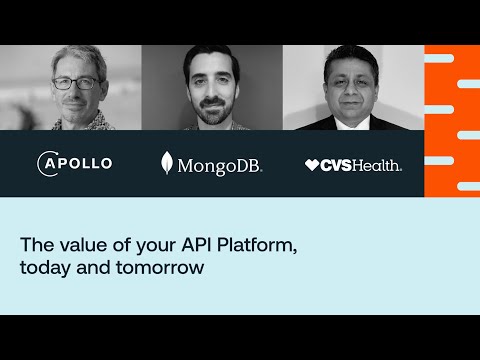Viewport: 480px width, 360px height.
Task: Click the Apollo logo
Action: point(74,163)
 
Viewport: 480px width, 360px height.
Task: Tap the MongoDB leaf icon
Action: point(167,163)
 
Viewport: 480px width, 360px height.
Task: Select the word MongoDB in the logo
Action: point(219,165)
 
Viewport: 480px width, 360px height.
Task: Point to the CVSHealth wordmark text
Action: point(361,165)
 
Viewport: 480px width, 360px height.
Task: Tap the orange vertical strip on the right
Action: point(451,120)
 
